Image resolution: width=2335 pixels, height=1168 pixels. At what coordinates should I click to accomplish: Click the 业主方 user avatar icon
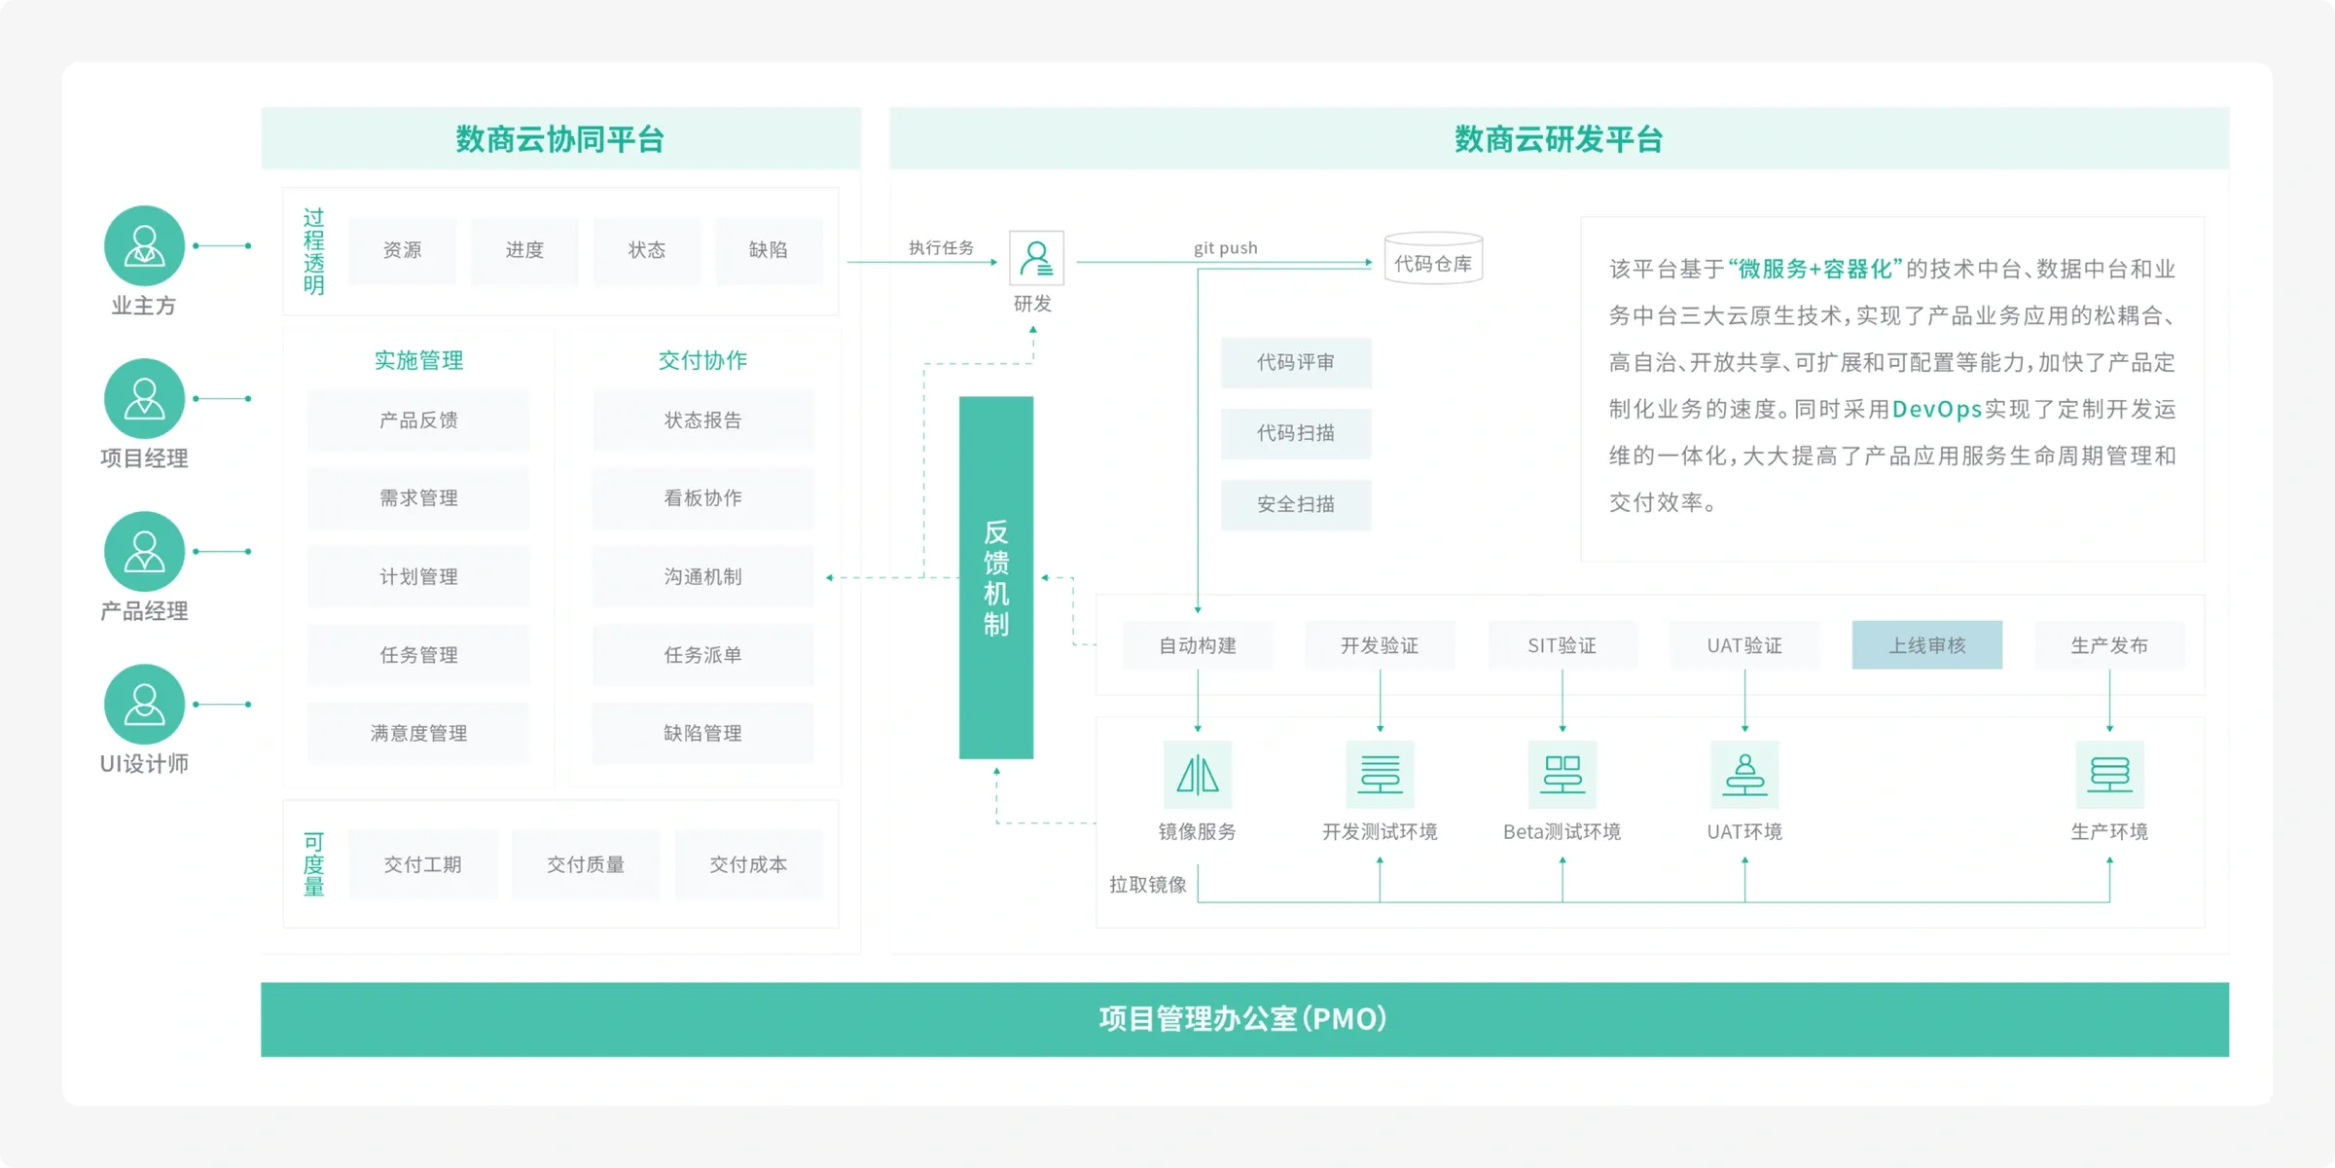click(x=144, y=245)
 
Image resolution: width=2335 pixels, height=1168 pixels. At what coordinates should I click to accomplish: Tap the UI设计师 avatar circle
click(x=144, y=704)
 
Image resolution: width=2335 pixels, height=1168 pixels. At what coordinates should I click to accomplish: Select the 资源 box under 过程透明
click(x=402, y=250)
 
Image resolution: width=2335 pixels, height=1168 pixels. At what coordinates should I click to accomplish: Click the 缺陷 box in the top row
click(x=768, y=250)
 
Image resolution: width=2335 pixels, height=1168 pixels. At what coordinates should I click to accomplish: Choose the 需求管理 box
click(x=418, y=498)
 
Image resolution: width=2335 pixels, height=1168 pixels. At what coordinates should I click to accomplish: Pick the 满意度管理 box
click(x=418, y=733)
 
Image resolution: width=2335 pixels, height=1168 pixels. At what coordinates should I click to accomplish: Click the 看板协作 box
click(x=702, y=498)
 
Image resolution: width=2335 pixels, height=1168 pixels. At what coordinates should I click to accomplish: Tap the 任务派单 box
click(x=702, y=655)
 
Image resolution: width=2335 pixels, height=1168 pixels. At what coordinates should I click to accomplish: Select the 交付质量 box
click(x=585, y=864)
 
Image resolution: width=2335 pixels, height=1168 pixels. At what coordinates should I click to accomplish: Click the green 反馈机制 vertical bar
click(x=995, y=577)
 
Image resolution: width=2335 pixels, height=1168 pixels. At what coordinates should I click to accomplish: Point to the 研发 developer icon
click(x=1036, y=258)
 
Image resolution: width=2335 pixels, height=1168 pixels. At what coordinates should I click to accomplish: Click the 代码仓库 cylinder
click(x=1433, y=259)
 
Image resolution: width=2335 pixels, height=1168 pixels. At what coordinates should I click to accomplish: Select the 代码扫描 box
click(x=1295, y=433)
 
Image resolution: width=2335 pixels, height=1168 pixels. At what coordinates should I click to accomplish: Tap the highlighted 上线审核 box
click(x=1926, y=645)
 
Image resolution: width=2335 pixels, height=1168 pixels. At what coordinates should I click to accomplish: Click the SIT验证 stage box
click(x=1562, y=645)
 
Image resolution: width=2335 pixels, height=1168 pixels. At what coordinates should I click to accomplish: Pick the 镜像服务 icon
click(x=1198, y=775)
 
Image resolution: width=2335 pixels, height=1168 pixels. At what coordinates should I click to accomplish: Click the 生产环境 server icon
click(x=2109, y=775)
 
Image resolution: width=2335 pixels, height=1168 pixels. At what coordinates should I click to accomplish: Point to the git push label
click(x=1225, y=248)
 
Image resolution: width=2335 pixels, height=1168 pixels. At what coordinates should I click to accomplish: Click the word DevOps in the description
click(x=1936, y=410)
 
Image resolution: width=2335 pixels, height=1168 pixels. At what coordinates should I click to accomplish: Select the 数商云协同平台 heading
click(x=560, y=139)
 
